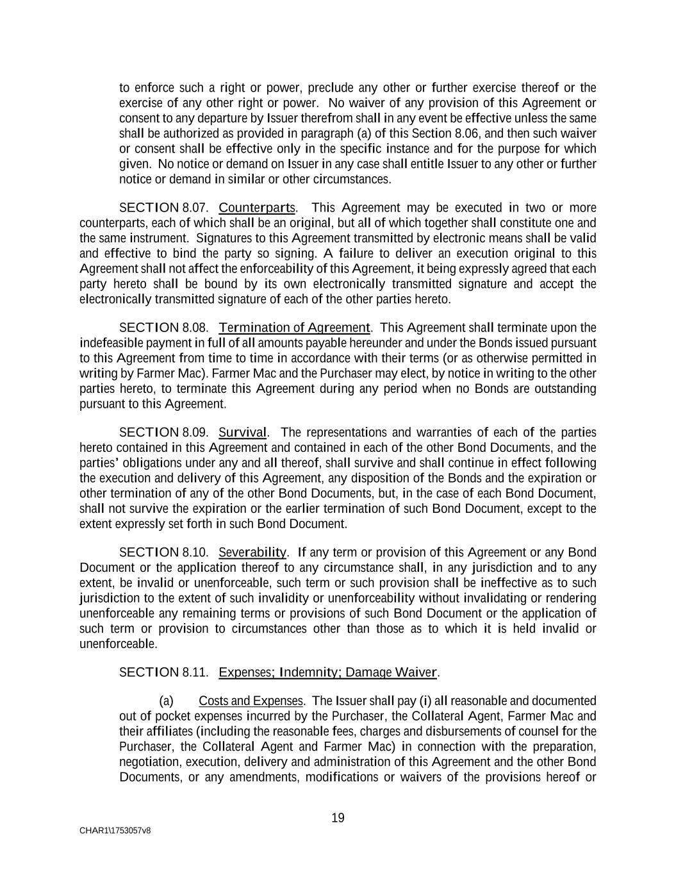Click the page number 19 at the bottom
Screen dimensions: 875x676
click(x=338, y=818)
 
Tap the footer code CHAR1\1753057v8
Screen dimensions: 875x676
click(x=115, y=831)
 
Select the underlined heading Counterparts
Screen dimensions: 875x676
click(x=257, y=208)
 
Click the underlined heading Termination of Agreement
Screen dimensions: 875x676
click(x=294, y=328)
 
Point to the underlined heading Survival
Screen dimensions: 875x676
click(x=243, y=433)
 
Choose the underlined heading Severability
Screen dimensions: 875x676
click(x=252, y=553)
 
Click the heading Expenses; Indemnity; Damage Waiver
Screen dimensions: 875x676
click(x=328, y=672)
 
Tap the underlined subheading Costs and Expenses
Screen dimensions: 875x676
click(x=251, y=701)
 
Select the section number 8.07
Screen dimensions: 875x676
click(x=195, y=208)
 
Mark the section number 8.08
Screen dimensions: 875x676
click(x=195, y=328)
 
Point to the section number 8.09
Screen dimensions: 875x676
click(x=195, y=433)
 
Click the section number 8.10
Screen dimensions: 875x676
click(x=195, y=553)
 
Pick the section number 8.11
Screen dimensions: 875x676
click(x=195, y=672)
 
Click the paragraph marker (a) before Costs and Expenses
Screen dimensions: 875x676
click(x=166, y=701)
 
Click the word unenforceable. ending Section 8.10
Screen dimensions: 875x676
click(x=118, y=644)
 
